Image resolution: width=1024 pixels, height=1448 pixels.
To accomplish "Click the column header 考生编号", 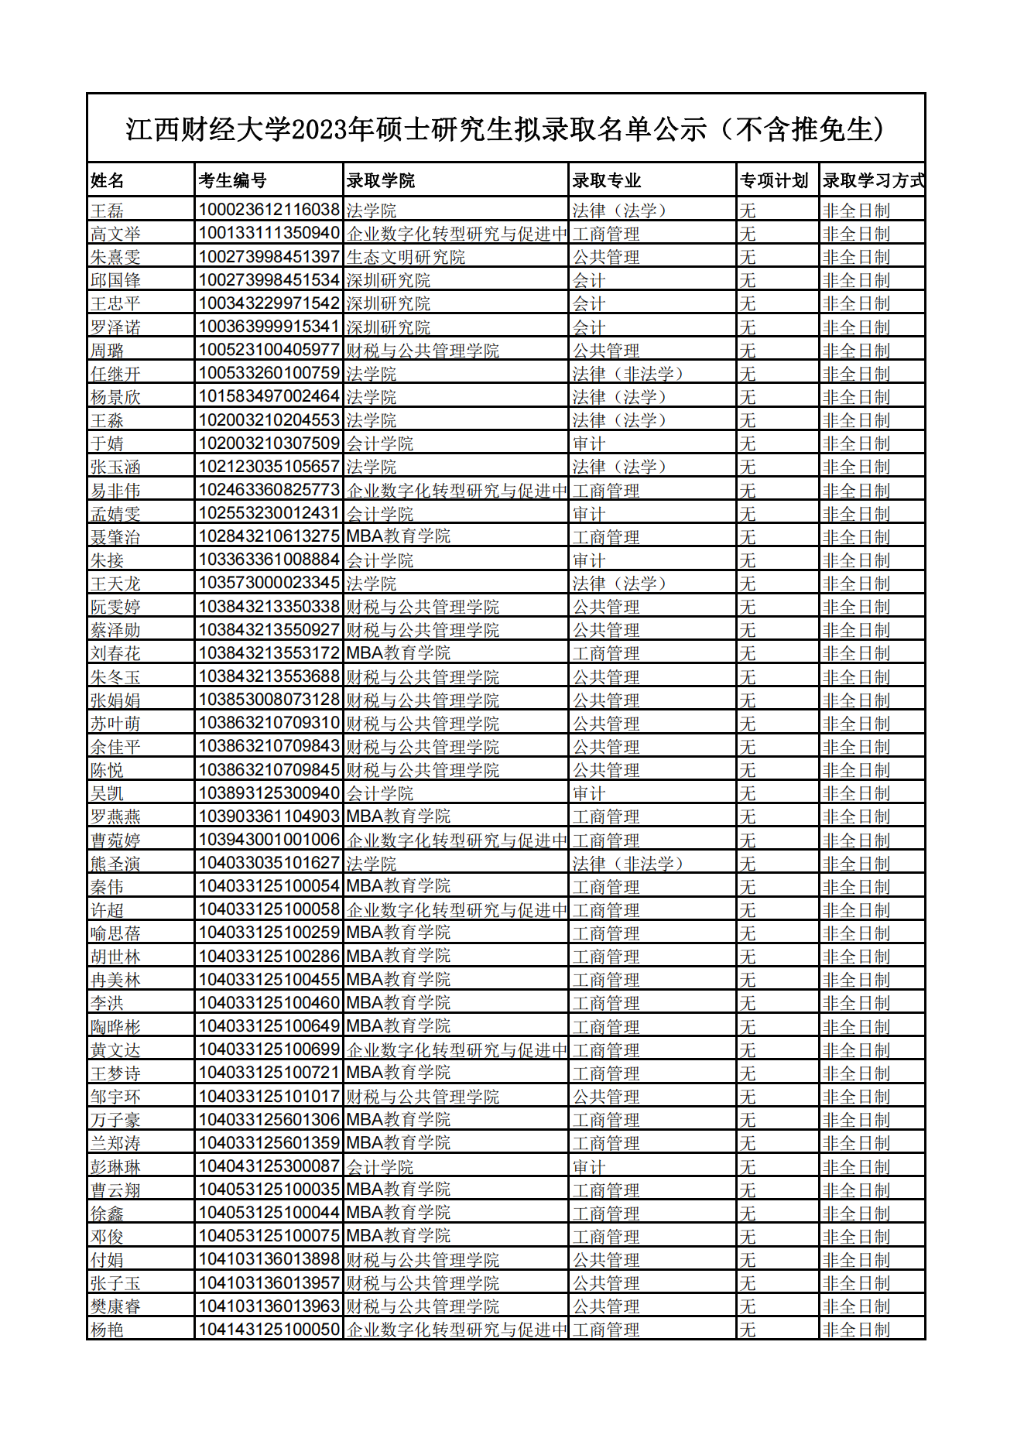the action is click(x=232, y=180).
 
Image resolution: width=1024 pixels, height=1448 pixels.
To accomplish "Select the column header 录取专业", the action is click(x=607, y=180).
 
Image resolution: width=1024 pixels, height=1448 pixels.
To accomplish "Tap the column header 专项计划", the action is click(x=774, y=180).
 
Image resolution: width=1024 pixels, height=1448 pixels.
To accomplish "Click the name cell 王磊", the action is click(x=108, y=210).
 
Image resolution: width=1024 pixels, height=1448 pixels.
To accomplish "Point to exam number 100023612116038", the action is click(x=269, y=210).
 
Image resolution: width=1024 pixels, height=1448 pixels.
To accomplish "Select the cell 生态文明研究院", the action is click(x=406, y=257).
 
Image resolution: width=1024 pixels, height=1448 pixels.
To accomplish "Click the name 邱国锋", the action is click(x=115, y=280).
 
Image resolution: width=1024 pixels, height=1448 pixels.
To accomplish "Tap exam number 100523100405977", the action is click(x=269, y=350).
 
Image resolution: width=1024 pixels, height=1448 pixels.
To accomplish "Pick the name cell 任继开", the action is click(x=115, y=374).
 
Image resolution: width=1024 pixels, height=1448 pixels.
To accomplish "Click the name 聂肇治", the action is click(x=115, y=537).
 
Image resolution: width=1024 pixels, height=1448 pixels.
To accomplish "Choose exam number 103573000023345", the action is click(x=269, y=583).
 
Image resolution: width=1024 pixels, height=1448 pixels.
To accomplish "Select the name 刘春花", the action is click(x=115, y=653).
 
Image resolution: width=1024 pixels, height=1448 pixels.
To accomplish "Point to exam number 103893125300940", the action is click(x=269, y=793).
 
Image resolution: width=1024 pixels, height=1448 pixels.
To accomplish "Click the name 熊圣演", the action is click(x=115, y=864).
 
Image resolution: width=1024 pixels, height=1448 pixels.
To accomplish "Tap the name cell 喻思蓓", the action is click(x=115, y=933).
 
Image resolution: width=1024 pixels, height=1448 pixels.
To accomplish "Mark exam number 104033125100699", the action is click(x=269, y=1049).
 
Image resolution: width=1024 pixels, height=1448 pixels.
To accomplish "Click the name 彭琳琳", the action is click(x=115, y=1166).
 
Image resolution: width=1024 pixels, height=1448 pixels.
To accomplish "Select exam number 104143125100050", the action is click(x=269, y=1330).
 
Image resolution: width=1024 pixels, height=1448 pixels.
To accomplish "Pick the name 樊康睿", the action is click(x=115, y=1306).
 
